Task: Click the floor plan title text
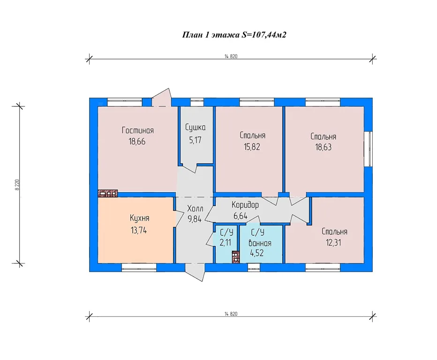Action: [x=234, y=35]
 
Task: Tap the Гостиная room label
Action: [x=138, y=130]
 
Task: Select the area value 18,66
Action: [x=137, y=141]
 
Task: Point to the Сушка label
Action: [x=195, y=127]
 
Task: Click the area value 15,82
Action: [x=253, y=146]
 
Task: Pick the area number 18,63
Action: [x=324, y=147]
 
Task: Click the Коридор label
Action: [x=245, y=205]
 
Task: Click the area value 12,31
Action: [x=334, y=243]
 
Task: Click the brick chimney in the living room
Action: [x=107, y=193]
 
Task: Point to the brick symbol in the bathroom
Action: [x=236, y=256]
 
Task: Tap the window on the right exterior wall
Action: [x=369, y=148]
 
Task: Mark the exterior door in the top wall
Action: [x=163, y=97]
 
